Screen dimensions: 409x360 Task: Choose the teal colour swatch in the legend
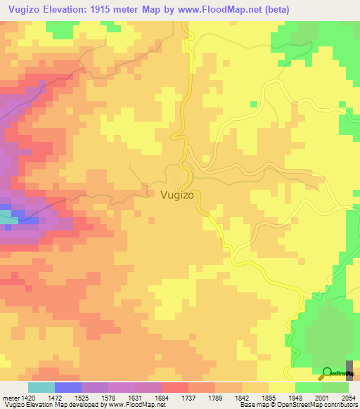[41, 387]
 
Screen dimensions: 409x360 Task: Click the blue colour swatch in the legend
[68, 387]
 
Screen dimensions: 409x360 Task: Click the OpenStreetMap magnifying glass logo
[327, 372]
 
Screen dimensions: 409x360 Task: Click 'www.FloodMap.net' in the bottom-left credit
[137, 405]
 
